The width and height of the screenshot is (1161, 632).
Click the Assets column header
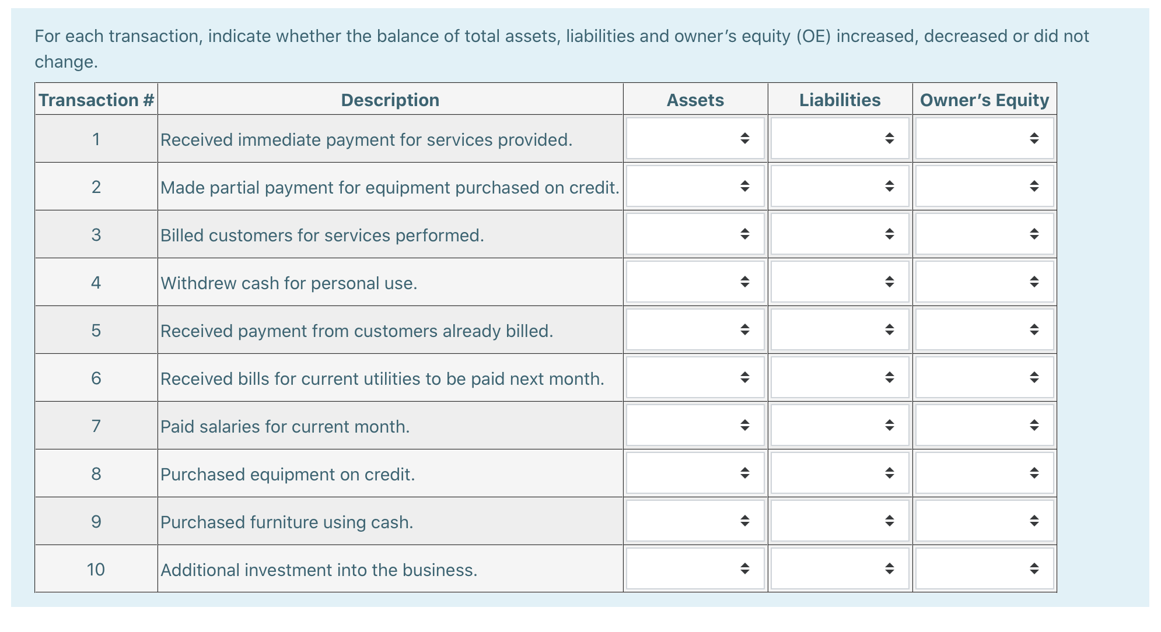[695, 100]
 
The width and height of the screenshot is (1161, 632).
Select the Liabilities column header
[840, 100]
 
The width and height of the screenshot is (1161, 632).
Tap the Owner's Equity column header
[984, 100]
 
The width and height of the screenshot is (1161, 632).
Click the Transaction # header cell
[96, 100]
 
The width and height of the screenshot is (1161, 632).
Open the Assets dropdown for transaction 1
[695, 139]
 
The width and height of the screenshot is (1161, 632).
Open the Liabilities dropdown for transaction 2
[840, 187]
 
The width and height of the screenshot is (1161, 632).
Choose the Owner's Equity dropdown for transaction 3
[984, 234]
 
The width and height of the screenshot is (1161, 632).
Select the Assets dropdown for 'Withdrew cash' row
[695, 282]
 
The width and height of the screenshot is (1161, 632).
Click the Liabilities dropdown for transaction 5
[840, 330]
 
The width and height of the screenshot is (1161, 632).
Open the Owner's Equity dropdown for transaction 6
[984, 378]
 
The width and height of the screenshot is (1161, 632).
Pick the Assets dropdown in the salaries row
[695, 426]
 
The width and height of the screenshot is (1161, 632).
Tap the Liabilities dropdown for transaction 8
[840, 473]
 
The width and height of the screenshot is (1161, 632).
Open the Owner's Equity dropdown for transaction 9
[984, 521]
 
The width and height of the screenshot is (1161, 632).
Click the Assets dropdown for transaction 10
[695, 569]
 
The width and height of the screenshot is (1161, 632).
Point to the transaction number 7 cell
[96, 426]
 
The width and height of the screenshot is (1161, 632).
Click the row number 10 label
[96, 570]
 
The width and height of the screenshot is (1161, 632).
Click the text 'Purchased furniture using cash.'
[286, 522]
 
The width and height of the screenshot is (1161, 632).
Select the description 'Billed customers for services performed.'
[322, 236]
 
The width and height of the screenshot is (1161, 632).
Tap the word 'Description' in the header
[390, 100]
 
